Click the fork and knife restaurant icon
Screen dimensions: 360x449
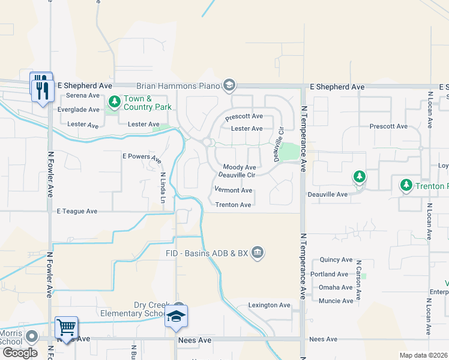tap(42, 89)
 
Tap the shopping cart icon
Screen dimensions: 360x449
tap(65, 328)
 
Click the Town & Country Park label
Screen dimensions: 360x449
tap(147, 103)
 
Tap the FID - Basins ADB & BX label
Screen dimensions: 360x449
tap(206, 253)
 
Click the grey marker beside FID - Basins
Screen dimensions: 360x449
tap(258, 252)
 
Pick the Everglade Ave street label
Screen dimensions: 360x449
tap(78, 110)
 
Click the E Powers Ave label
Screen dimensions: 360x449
tap(142, 158)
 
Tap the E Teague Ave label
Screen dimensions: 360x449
tap(77, 211)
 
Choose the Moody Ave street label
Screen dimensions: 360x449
tap(240, 167)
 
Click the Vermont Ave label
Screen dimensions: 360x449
tap(233, 190)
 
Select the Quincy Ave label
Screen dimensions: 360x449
tap(336, 260)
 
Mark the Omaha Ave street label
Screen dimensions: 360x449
tap(336, 287)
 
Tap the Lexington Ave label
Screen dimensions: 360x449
tap(270, 305)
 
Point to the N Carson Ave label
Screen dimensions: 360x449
tap(358, 280)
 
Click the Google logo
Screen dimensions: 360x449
tap(20, 353)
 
